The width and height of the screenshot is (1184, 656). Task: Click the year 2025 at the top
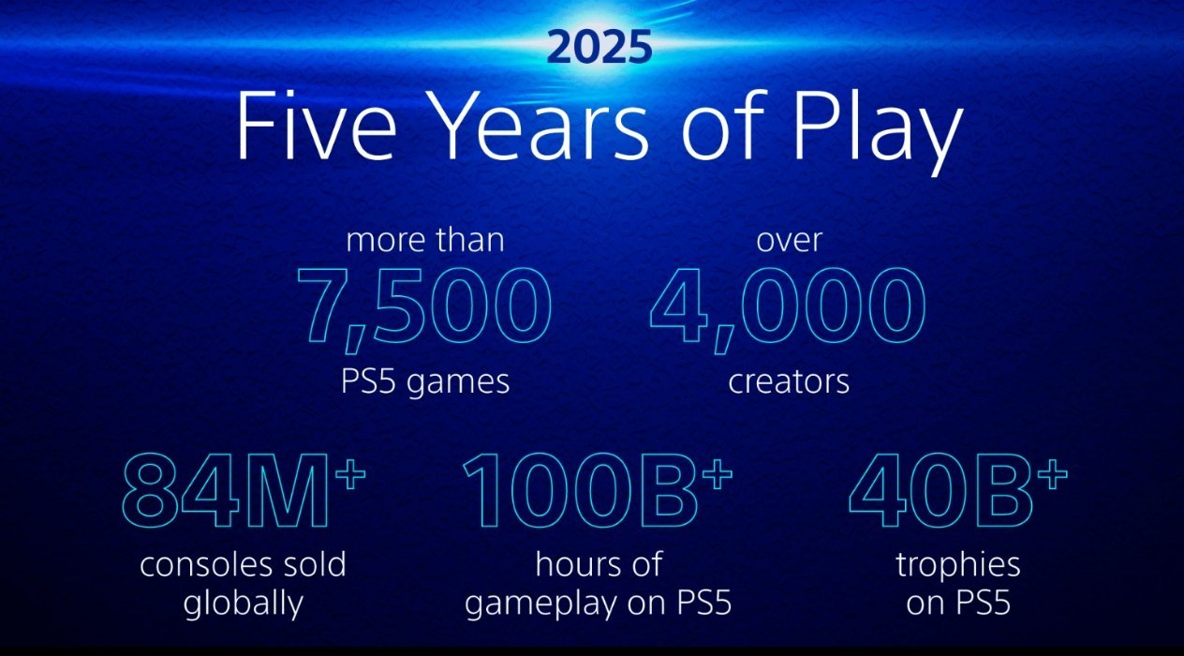click(x=599, y=48)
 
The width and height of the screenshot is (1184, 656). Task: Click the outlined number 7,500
click(x=424, y=308)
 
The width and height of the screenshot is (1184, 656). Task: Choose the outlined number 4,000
click(x=788, y=308)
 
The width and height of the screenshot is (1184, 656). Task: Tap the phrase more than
click(x=425, y=240)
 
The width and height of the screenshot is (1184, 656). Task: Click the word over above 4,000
click(x=789, y=241)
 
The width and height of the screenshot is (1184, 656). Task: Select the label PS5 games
click(x=425, y=381)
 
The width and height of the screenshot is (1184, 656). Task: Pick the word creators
click(x=789, y=381)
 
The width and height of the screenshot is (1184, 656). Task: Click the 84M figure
click(x=227, y=492)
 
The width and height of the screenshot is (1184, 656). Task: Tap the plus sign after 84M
click(x=350, y=473)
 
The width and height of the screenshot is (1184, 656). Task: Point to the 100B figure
click(x=581, y=492)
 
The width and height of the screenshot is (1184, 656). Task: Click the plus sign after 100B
click(x=718, y=473)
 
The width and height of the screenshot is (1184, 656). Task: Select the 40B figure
click(x=940, y=492)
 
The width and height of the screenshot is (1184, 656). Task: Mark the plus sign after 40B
click(x=1052, y=473)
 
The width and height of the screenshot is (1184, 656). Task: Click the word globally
click(x=244, y=604)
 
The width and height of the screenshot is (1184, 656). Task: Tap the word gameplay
click(x=540, y=604)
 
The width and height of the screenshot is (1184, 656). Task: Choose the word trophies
click(x=958, y=566)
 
